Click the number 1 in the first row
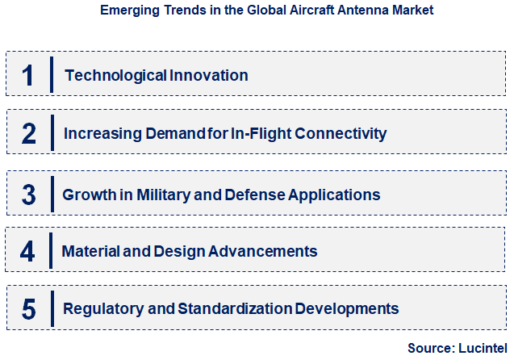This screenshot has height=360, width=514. click(27, 75)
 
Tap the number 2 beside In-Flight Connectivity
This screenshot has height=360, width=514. click(28, 133)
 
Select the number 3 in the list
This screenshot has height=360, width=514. click(28, 195)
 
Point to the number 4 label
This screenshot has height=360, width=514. click(27, 251)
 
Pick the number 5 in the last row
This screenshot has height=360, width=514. click(28, 308)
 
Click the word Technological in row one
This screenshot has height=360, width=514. click(116, 75)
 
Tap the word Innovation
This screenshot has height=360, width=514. click(209, 75)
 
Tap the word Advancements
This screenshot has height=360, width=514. click(262, 251)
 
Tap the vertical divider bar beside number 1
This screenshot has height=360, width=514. click(52, 75)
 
